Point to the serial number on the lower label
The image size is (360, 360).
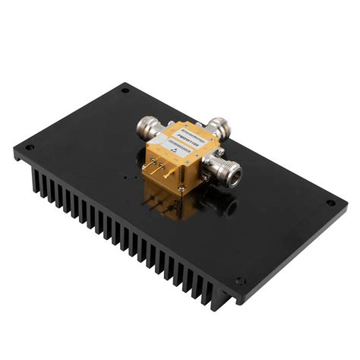coord(185,150)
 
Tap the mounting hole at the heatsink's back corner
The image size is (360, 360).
coord(125,91)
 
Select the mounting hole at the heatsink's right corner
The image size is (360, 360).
coord(330,203)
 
